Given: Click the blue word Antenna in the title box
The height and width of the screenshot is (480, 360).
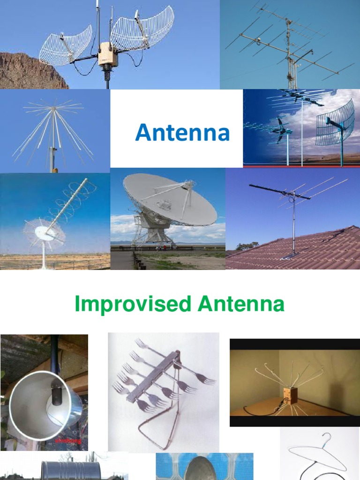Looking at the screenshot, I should click(x=182, y=134).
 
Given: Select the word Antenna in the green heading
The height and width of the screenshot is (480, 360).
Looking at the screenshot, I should click(x=241, y=305).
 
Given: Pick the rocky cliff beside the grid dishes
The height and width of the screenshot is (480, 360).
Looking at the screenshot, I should click(x=28, y=70).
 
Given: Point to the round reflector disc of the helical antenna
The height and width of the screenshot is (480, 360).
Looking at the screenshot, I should click(x=45, y=231).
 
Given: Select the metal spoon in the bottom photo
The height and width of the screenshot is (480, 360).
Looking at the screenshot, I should click(x=204, y=469).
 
